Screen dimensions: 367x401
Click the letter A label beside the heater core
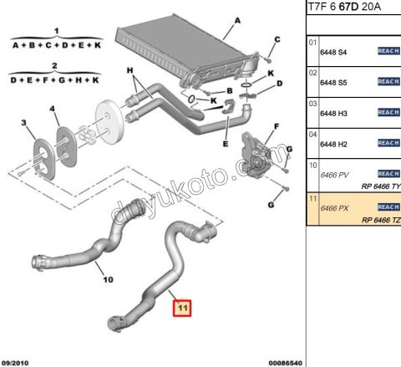pyautogui.click(x=238, y=21)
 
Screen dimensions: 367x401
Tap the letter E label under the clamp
pyautogui.click(x=226, y=144)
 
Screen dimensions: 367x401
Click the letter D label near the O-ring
pyautogui.click(x=279, y=84)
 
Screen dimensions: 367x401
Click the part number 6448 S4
pyautogui.click(x=333, y=52)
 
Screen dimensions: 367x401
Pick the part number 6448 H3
pyautogui.click(x=333, y=112)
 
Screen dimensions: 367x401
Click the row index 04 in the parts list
pyautogui.click(x=312, y=133)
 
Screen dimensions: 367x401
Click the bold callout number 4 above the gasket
pyautogui.click(x=53, y=109)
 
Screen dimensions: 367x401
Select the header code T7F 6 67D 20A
pyautogui.click(x=343, y=8)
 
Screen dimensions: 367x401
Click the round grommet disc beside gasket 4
pyautogui.click(x=108, y=125)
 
